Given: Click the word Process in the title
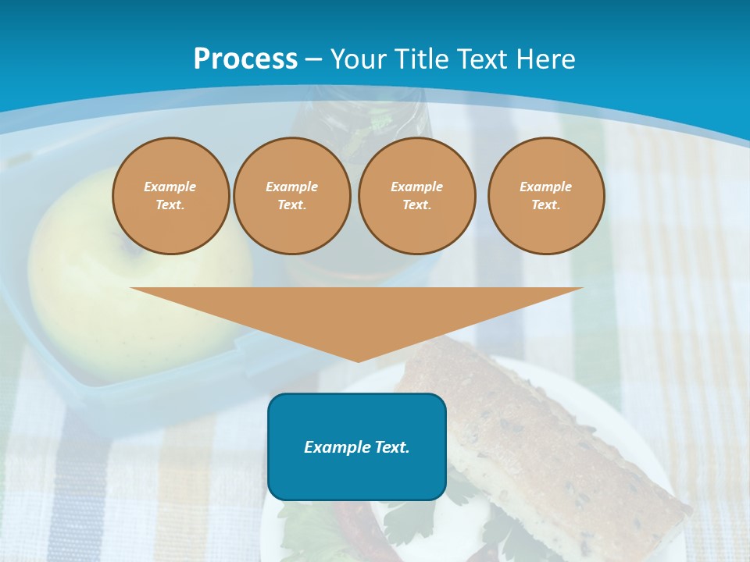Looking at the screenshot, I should click(245, 59).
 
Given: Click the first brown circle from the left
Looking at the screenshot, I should click(170, 196).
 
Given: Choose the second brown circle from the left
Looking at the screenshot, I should click(291, 196).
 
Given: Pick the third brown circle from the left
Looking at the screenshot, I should click(416, 196).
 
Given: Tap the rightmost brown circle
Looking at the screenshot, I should click(546, 196).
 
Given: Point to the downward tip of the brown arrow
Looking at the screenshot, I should click(358, 360).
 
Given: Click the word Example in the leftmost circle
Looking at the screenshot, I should click(170, 187).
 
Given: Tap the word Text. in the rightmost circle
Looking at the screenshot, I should click(546, 205).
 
